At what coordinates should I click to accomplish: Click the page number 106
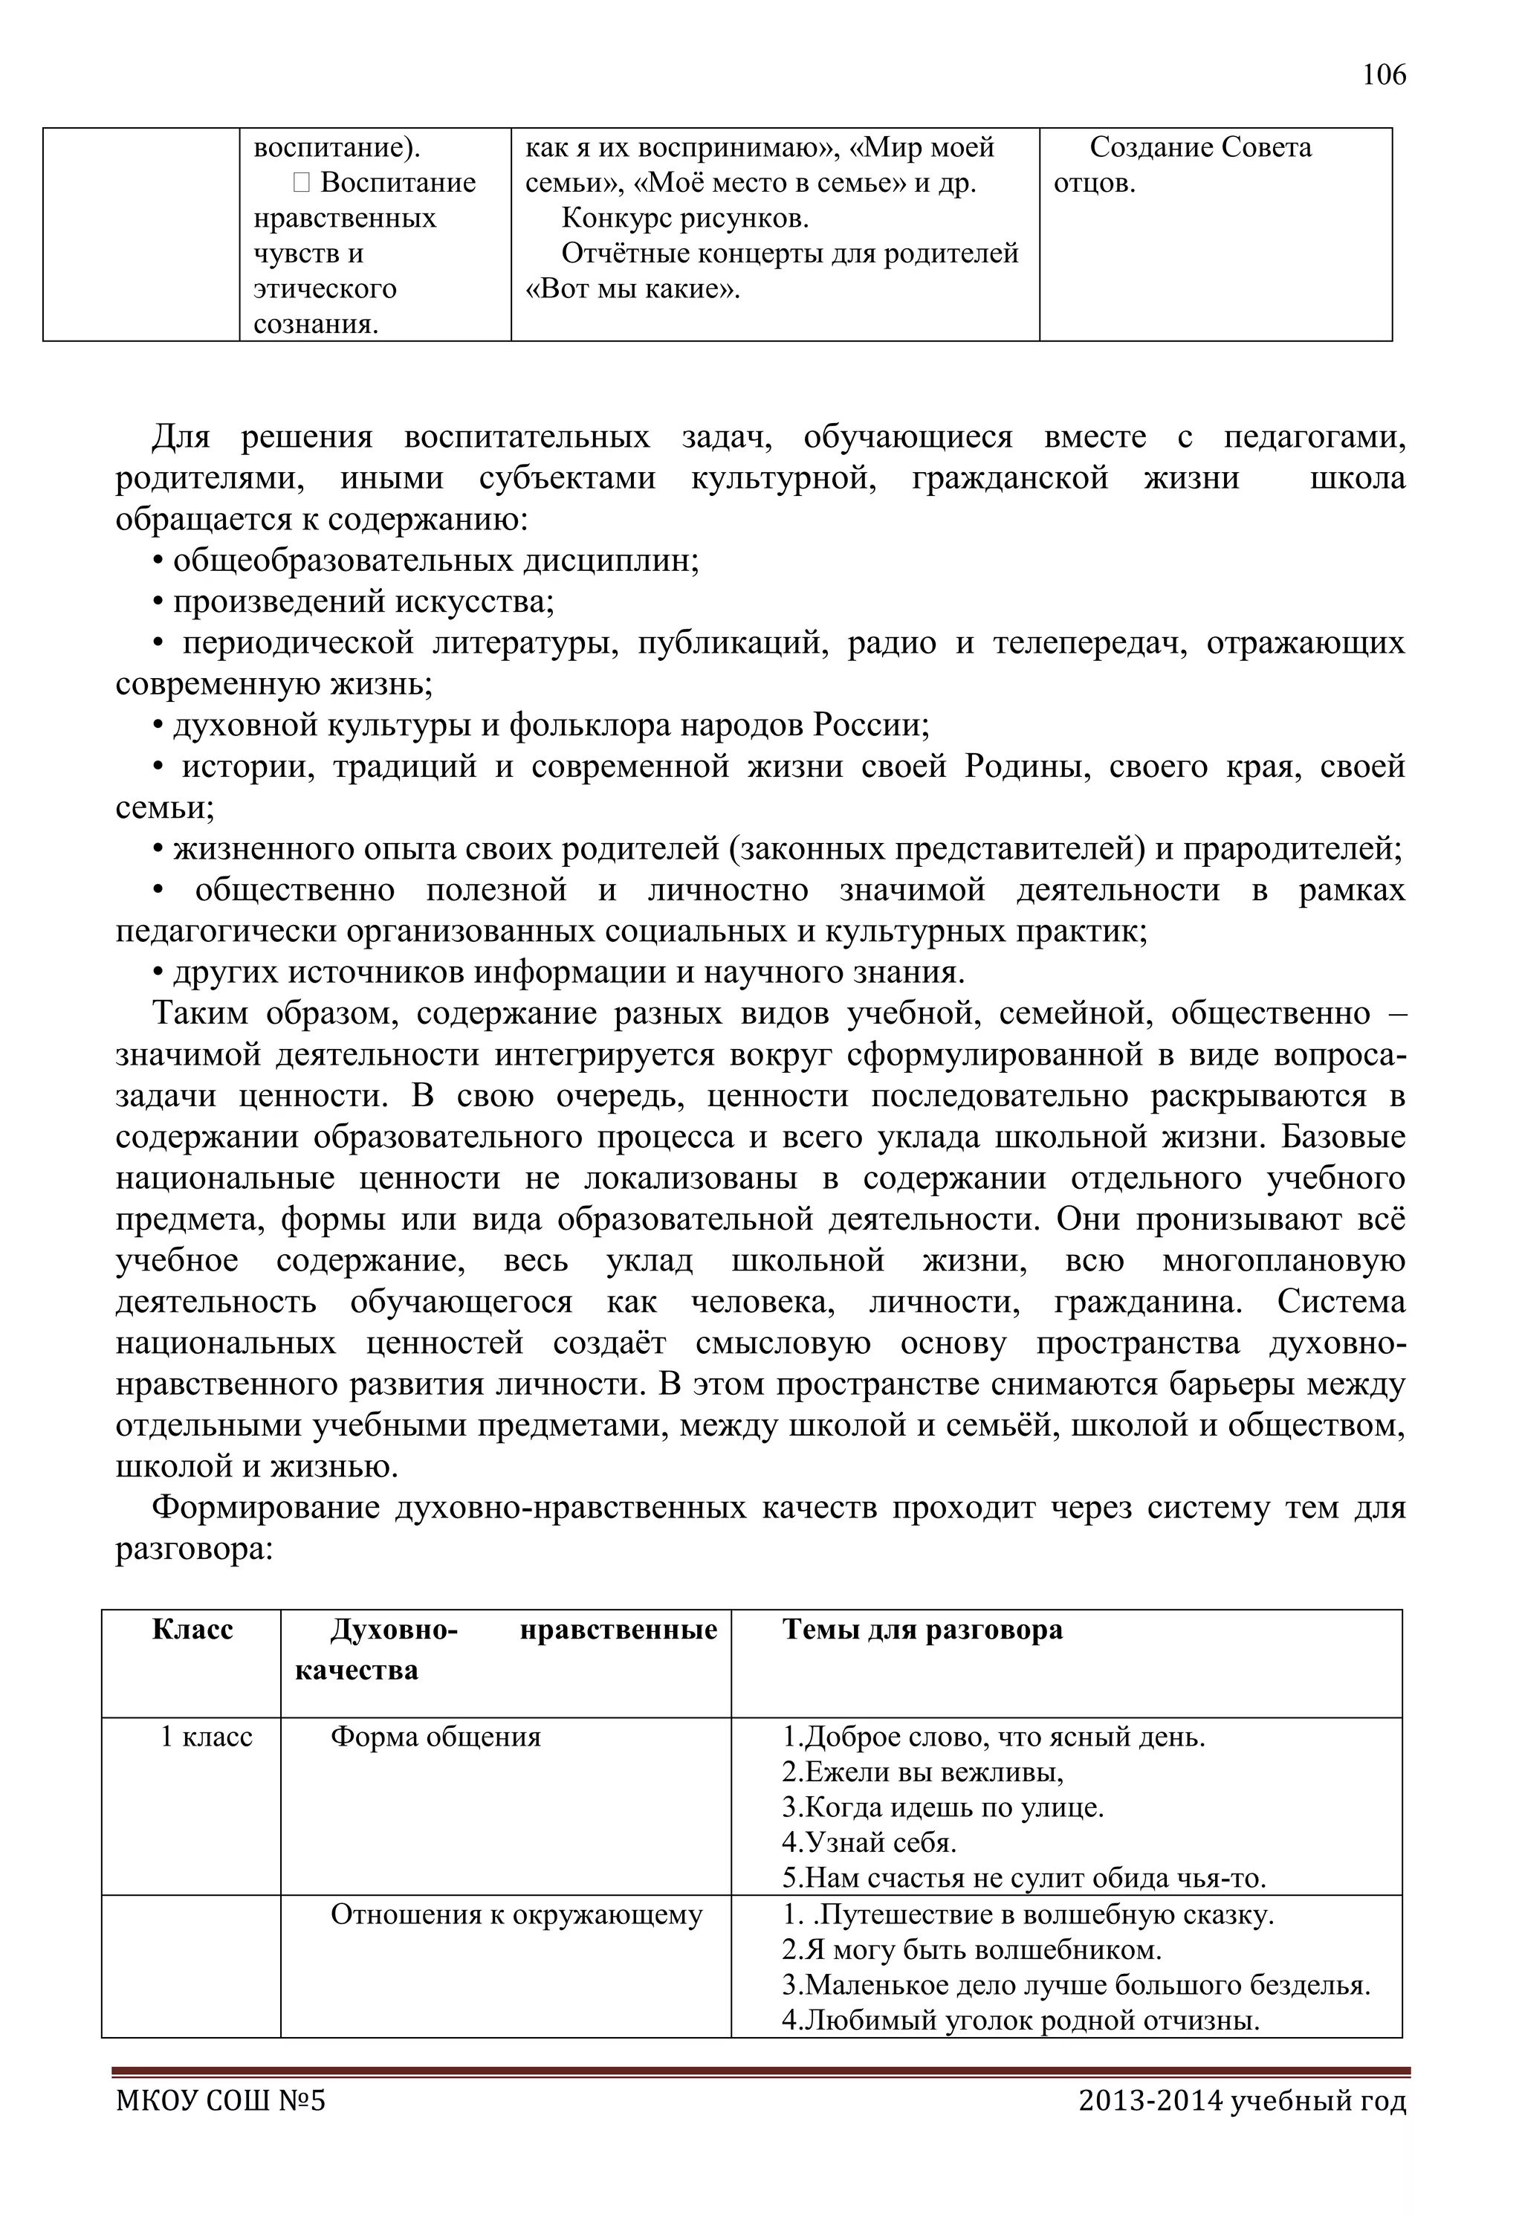click(x=1384, y=74)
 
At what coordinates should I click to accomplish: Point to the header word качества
click(x=357, y=1671)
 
